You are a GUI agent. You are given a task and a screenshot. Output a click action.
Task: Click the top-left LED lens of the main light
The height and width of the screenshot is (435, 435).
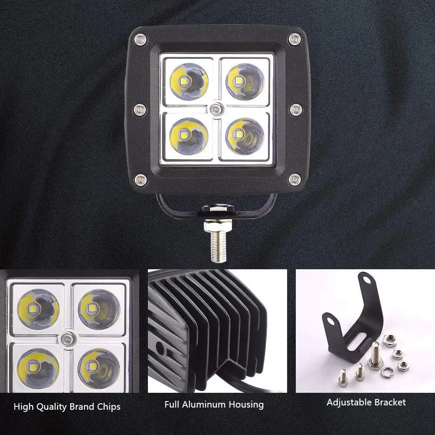click(x=189, y=81)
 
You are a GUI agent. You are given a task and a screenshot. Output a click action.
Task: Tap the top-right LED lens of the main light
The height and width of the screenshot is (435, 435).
click(x=244, y=81)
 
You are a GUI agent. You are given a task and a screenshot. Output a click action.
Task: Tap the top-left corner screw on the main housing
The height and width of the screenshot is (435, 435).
click(x=140, y=40)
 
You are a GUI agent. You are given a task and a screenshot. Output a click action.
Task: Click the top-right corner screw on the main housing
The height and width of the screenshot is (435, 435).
click(x=294, y=40)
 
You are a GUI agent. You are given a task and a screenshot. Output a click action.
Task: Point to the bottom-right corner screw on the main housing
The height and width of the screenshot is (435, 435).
click(x=295, y=178)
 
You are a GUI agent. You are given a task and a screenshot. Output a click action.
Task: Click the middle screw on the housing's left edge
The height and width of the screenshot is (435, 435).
click(x=139, y=109)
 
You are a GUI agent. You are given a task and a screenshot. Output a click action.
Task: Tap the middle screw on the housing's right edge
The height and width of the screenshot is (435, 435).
click(x=296, y=109)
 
